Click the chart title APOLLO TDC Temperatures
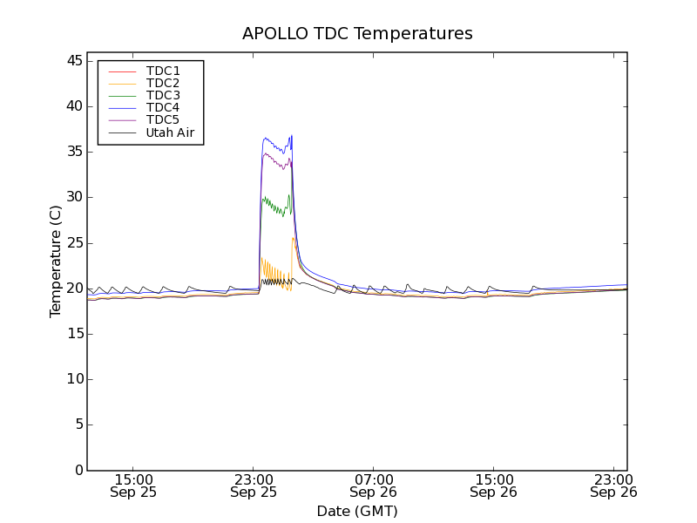(x=357, y=34)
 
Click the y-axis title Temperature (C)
(x=56, y=261)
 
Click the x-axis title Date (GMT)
(x=357, y=511)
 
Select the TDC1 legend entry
(x=163, y=71)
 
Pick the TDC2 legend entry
(x=163, y=83)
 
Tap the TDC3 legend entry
(x=163, y=95)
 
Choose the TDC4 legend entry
(x=163, y=107)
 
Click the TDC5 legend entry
(x=163, y=119)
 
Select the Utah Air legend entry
(x=170, y=132)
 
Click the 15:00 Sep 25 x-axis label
(x=133, y=486)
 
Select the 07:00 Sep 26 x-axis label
(x=373, y=486)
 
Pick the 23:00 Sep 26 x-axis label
(x=612, y=486)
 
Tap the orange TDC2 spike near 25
(x=294, y=239)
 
